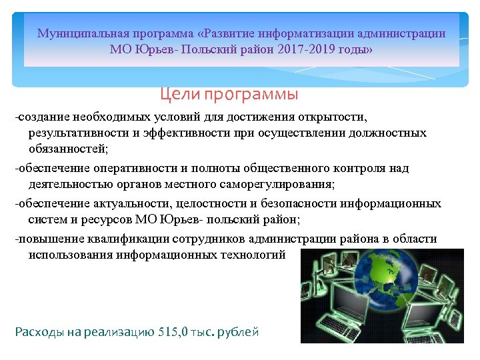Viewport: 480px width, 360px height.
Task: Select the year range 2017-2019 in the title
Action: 297,50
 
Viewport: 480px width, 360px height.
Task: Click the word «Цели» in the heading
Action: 177,95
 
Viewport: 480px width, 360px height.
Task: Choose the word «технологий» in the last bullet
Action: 249,254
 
